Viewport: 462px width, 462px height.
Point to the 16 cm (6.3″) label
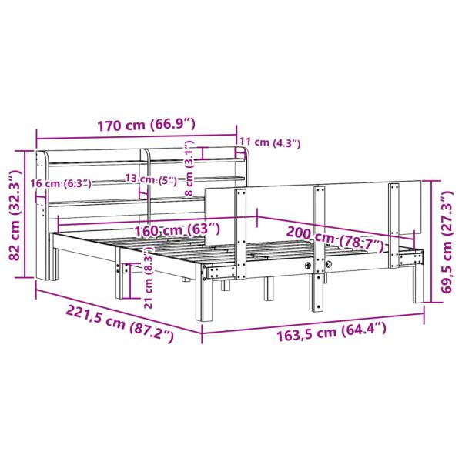pyautogui.click(x=60, y=183)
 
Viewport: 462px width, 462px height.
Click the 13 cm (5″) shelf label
pyautogui.click(x=150, y=180)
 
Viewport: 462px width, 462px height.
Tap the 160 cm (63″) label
pyautogui.click(x=173, y=229)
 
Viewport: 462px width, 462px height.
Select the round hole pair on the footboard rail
pyautogui.click(x=318, y=265)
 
